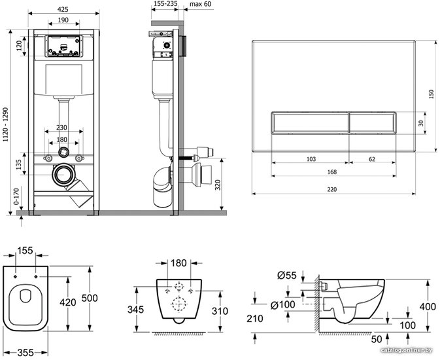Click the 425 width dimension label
(x=63, y=9)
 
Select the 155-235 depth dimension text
(x=165, y=4)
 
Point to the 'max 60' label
(x=200, y=4)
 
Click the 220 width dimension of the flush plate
(x=332, y=189)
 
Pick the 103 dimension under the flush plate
(x=311, y=159)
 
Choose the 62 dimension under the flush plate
(x=372, y=159)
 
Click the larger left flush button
(x=310, y=123)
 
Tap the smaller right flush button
(x=373, y=123)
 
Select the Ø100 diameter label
(x=282, y=305)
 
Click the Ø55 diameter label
(x=286, y=275)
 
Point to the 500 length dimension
(x=90, y=298)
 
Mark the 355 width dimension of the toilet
(x=25, y=353)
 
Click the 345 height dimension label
(x=135, y=310)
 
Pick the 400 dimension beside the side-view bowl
(x=428, y=306)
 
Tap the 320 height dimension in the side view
(x=218, y=185)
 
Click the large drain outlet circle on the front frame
(x=63, y=175)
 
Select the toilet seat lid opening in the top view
(x=25, y=295)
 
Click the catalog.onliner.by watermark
(x=406, y=350)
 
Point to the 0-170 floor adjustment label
(x=16, y=196)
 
